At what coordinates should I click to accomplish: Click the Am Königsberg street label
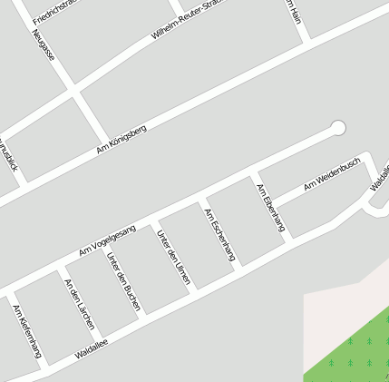[x=121, y=139]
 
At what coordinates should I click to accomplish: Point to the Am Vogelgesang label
[x=107, y=238]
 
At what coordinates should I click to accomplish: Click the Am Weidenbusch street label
[x=332, y=173]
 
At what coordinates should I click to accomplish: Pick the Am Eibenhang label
[x=270, y=208]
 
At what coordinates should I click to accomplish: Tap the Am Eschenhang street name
[x=219, y=235]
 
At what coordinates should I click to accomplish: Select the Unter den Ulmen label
[x=173, y=258]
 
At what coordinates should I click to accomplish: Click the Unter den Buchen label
[x=123, y=282]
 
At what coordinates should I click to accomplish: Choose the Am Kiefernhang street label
[x=27, y=330]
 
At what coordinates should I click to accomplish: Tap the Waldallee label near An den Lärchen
[x=92, y=348]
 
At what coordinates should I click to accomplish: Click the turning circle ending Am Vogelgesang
[x=339, y=128]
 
